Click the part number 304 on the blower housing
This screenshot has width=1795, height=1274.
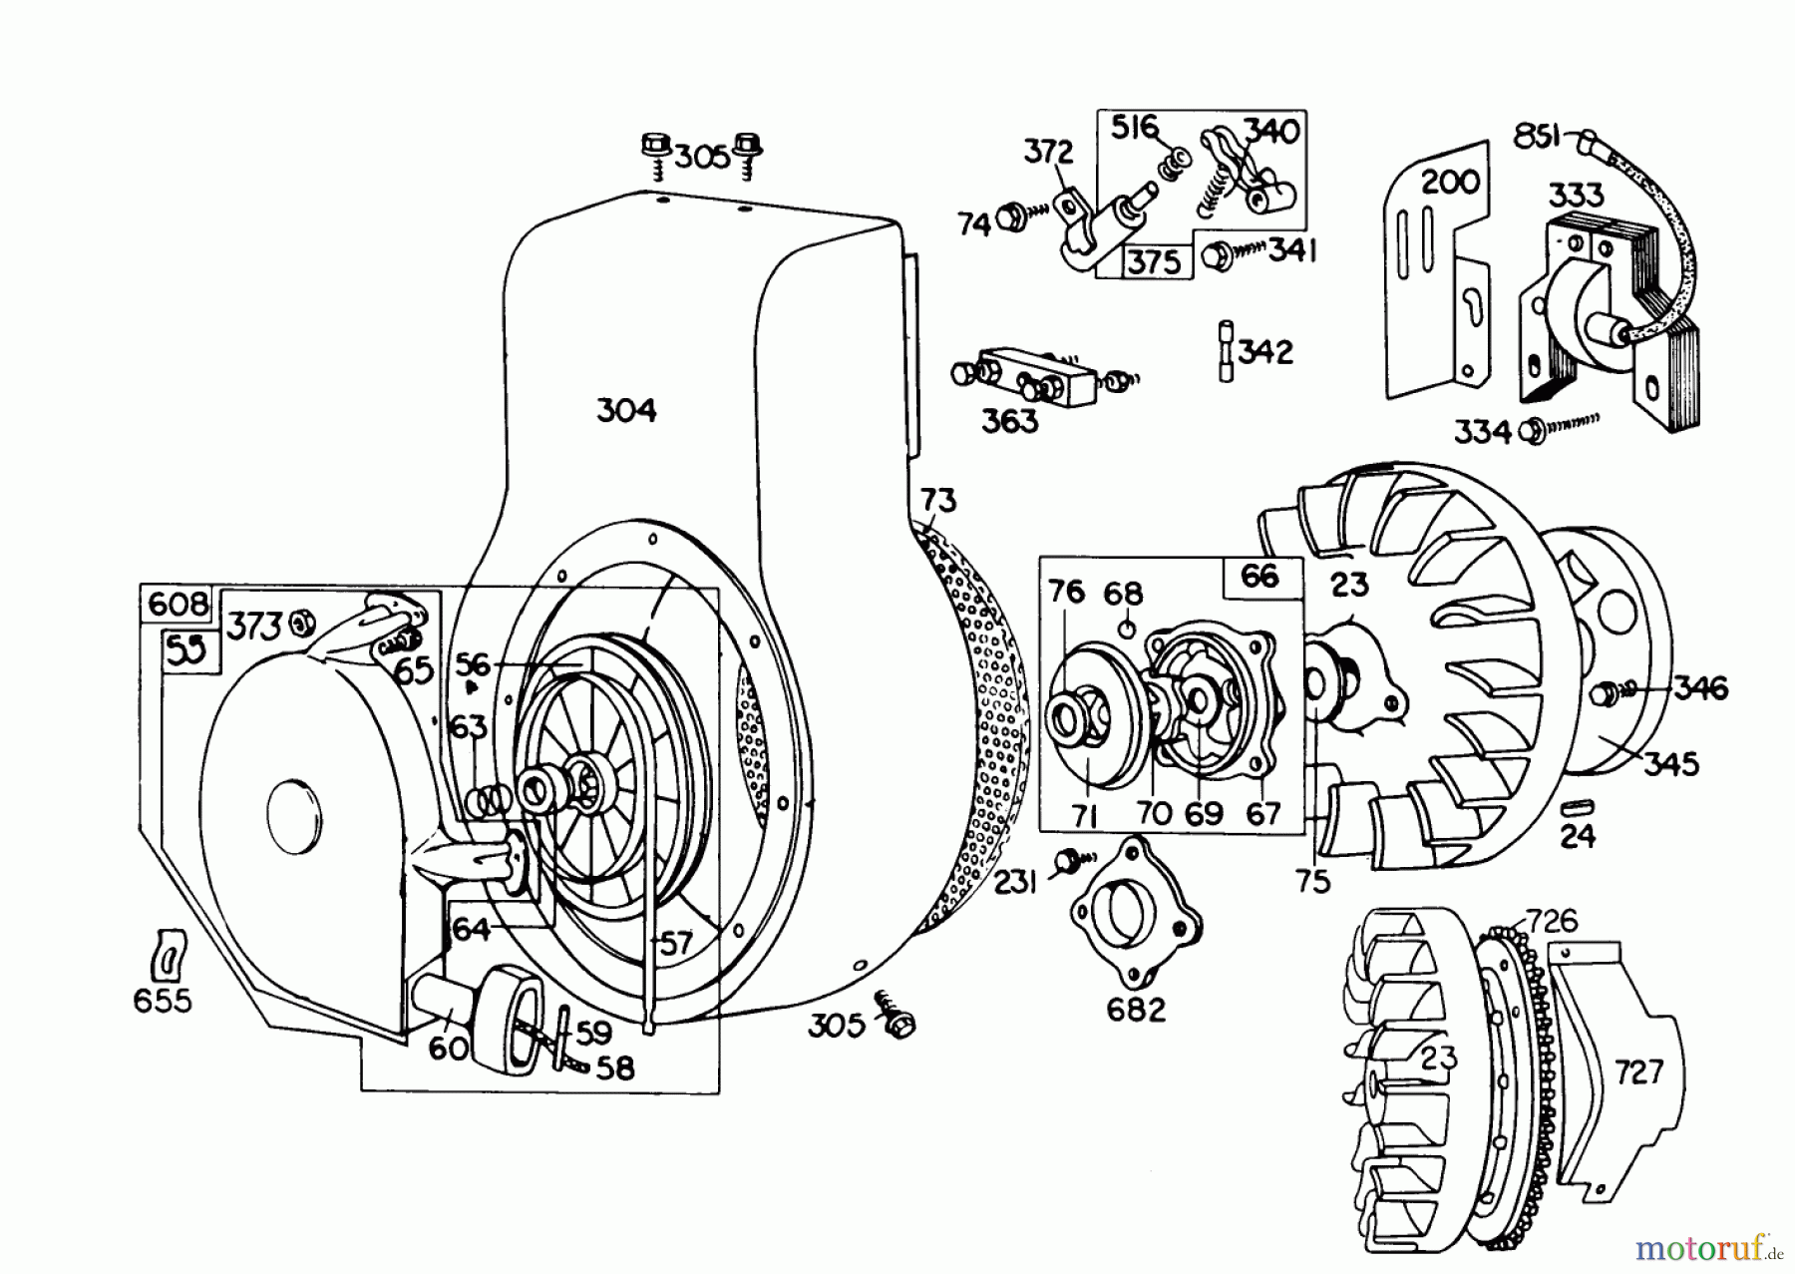pos(626,410)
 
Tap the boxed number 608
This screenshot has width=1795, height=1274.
pos(179,604)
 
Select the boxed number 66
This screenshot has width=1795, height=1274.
pos(1260,577)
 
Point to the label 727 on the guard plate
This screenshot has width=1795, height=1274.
pos(1638,1071)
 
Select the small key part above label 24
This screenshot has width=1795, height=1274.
pos(1581,806)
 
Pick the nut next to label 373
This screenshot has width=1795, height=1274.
pos(298,625)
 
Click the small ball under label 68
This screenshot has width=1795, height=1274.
pos(1124,629)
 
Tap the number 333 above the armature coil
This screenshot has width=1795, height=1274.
pos(1577,194)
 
